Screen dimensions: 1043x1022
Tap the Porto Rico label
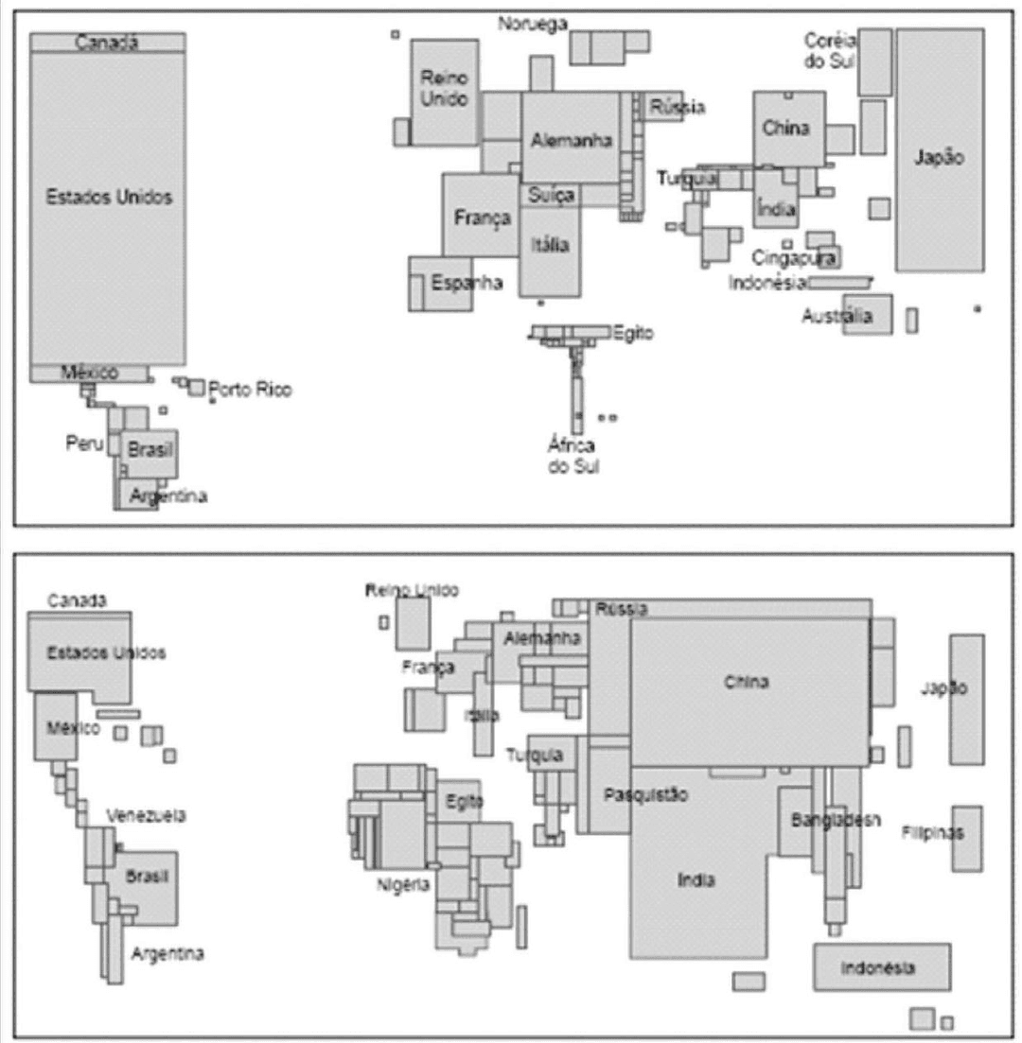[x=250, y=390]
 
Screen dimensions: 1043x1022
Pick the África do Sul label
[x=572, y=455]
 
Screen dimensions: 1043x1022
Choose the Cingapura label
[x=795, y=257]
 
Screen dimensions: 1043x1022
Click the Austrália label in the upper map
[x=837, y=317]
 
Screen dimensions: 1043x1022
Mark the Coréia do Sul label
[x=830, y=50]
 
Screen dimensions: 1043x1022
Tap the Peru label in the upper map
[x=83, y=443]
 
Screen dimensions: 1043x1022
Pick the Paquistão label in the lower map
[x=645, y=795]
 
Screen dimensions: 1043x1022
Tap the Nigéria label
[x=404, y=884]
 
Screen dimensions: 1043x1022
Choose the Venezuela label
[x=146, y=815]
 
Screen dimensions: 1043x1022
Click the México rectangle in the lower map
[x=55, y=726]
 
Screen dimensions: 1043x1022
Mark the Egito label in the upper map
[x=633, y=333]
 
